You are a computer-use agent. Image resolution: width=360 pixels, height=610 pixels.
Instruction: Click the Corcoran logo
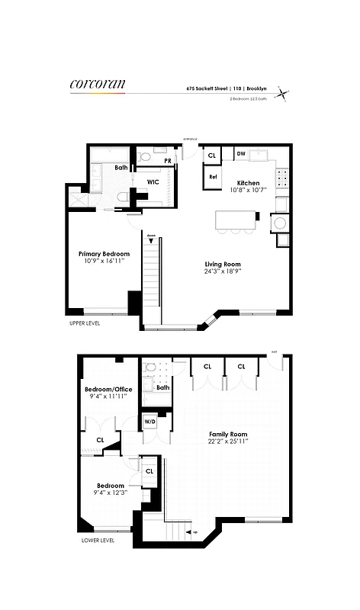[x=98, y=84]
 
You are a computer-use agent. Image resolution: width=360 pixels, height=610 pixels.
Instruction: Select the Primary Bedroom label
[x=104, y=254]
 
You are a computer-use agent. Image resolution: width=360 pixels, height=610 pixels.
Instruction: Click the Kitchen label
[x=248, y=183]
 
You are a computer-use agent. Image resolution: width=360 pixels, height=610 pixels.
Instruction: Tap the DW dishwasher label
[x=240, y=154]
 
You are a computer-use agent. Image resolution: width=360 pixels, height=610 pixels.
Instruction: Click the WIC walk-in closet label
[x=153, y=182]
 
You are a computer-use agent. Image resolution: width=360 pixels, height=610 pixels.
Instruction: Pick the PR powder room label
[x=167, y=162]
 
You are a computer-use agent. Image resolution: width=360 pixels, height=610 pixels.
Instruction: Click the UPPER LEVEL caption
[x=83, y=323]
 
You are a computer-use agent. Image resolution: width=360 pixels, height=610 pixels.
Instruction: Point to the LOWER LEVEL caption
[x=98, y=541]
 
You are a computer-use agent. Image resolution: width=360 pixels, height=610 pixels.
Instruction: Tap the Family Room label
[x=228, y=435]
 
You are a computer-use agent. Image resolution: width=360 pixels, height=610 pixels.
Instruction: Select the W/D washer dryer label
[x=149, y=421]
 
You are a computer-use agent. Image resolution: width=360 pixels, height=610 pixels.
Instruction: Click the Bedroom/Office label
[x=108, y=390]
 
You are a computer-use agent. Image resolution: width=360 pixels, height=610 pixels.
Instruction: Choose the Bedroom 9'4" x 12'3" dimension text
[x=110, y=493]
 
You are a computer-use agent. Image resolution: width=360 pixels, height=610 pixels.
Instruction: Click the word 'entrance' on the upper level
[x=190, y=139]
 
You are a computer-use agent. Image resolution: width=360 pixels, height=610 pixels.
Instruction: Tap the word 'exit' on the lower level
[x=274, y=352]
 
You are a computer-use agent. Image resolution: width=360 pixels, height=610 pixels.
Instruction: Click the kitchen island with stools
[x=237, y=220]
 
